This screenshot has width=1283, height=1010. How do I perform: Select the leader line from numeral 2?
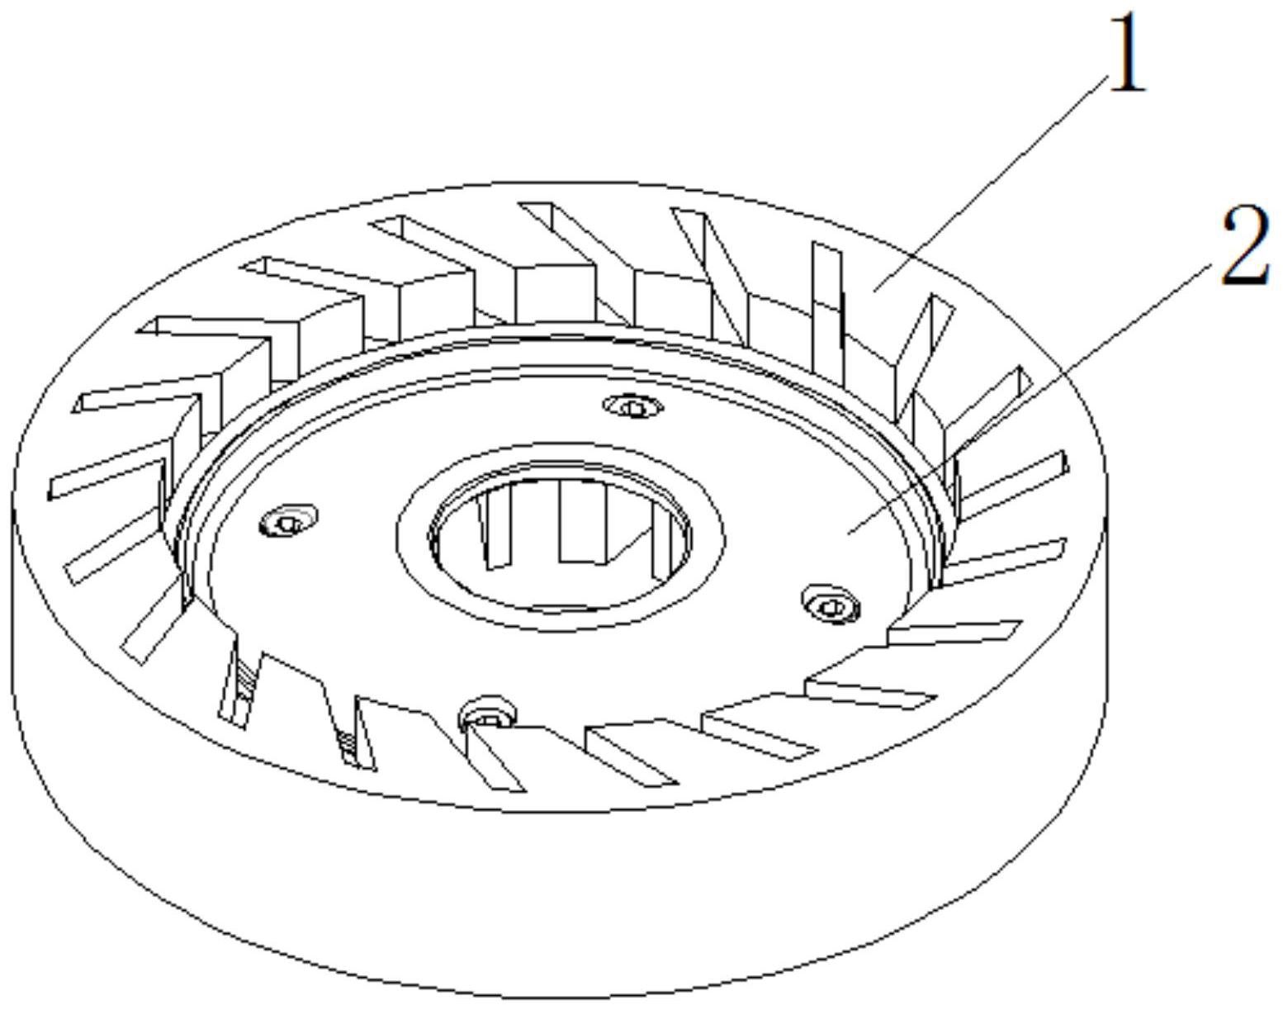click(1032, 396)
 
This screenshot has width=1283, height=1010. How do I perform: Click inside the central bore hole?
click(561, 570)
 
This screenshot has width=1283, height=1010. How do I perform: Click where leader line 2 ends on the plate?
click(850, 533)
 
